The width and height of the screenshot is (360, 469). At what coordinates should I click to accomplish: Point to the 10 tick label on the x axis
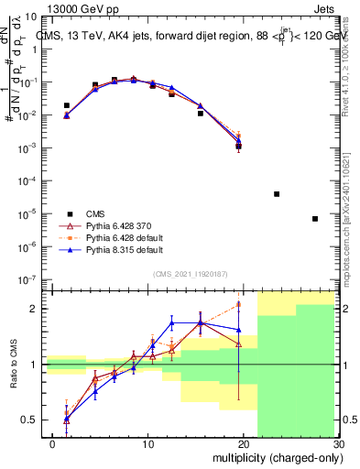[147, 443]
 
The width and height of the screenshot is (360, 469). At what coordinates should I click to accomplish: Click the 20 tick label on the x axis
[243, 443]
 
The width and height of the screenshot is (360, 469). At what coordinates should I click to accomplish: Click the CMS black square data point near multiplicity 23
[277, 194]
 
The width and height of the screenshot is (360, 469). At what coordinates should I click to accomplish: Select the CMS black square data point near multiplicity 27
[315, 219]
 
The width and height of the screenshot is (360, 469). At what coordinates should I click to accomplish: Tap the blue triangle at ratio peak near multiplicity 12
[171, 322]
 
